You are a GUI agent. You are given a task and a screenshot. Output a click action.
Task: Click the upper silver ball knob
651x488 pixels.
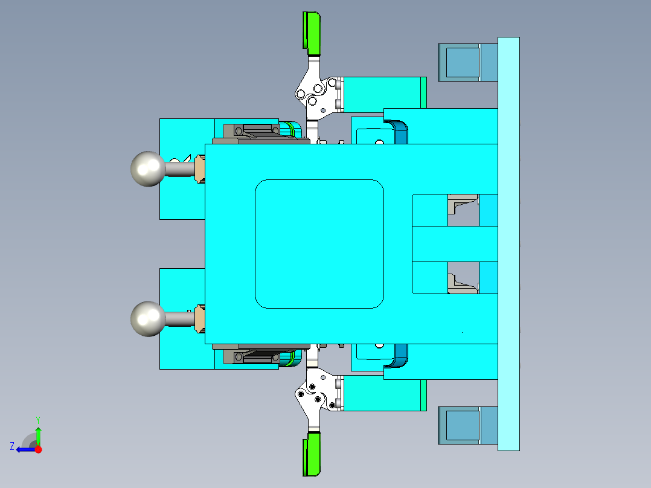point(147,169)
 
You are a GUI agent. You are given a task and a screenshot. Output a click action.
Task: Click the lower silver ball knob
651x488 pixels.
point(147,318)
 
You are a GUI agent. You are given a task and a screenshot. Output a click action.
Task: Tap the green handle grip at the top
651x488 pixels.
point(312,31)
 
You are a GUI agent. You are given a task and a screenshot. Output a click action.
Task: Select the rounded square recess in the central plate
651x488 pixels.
point(319,243)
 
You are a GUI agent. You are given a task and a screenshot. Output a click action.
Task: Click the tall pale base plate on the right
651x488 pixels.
point(508,243)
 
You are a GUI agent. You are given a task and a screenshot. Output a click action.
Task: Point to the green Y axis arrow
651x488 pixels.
point(38,433)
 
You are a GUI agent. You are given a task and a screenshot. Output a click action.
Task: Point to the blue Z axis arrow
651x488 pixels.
point(24,449)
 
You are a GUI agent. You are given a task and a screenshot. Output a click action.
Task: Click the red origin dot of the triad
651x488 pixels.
point(39,449)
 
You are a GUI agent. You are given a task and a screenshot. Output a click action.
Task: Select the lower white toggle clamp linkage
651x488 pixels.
point(314,396)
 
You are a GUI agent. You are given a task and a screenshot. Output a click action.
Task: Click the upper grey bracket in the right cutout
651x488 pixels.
point(462,205)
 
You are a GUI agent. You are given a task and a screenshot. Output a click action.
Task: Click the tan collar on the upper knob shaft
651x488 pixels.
point(200,169)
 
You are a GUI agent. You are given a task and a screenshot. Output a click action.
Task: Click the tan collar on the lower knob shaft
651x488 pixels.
point(200,318)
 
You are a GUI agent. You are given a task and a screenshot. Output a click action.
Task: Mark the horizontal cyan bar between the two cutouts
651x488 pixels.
point(454,243)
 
